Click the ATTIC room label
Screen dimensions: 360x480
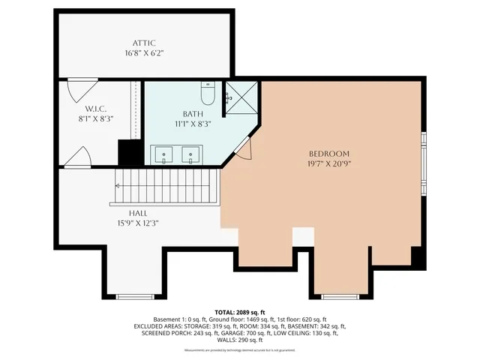point(143,43)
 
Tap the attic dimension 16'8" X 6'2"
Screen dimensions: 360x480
point(143,53)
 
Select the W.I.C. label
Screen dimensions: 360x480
point(95,108)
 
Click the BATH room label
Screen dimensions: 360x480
point(193,114)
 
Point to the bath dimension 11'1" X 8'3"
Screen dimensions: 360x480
point(193,124)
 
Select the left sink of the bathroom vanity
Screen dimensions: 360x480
point(166,155)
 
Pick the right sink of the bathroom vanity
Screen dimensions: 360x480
point(191,155)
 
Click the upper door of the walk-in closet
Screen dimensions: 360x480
point(77,91)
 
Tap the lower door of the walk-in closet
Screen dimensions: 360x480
point(78,157)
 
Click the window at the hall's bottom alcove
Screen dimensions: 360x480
point(135,296)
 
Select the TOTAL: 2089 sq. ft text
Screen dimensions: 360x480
point(240,312)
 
